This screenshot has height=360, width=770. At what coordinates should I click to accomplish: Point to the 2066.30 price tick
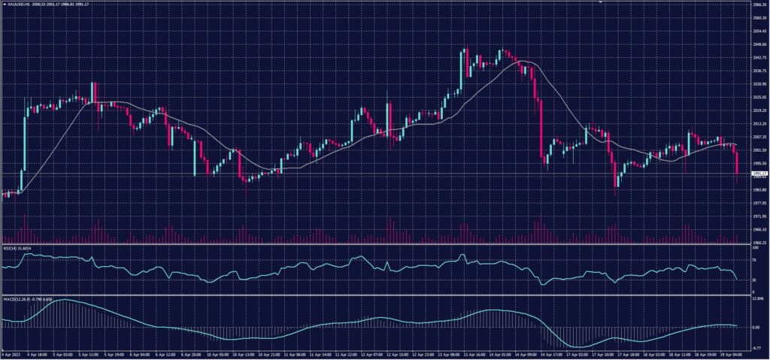[x=759, y=5]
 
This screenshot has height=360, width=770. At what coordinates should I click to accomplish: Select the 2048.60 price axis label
[x=759, y=44]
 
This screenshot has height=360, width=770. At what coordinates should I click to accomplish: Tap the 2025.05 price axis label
[x=759, y=97]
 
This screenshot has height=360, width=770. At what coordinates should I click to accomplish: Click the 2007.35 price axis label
[x=759, y=137]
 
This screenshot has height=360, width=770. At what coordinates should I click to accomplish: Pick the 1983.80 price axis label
[x=759, y=189]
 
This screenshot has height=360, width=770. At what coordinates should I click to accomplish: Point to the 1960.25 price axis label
[x=759, y=243]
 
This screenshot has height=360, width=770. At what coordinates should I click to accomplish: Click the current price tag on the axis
[x=759, y=174]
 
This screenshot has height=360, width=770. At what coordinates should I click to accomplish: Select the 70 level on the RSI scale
[x=755, y=259]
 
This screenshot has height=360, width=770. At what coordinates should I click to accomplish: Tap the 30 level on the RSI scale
[x=755, y=280]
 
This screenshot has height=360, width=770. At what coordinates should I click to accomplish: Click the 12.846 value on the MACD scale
[x=758, y=298]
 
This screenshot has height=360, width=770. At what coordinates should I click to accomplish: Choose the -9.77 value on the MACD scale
[x=757, y=348]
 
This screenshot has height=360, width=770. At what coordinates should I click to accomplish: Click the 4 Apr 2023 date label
[x=13, y=354]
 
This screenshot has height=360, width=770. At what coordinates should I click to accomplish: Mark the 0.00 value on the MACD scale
[x=756, y=327]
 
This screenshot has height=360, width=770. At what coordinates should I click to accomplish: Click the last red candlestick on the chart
[x=737, y=163]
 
